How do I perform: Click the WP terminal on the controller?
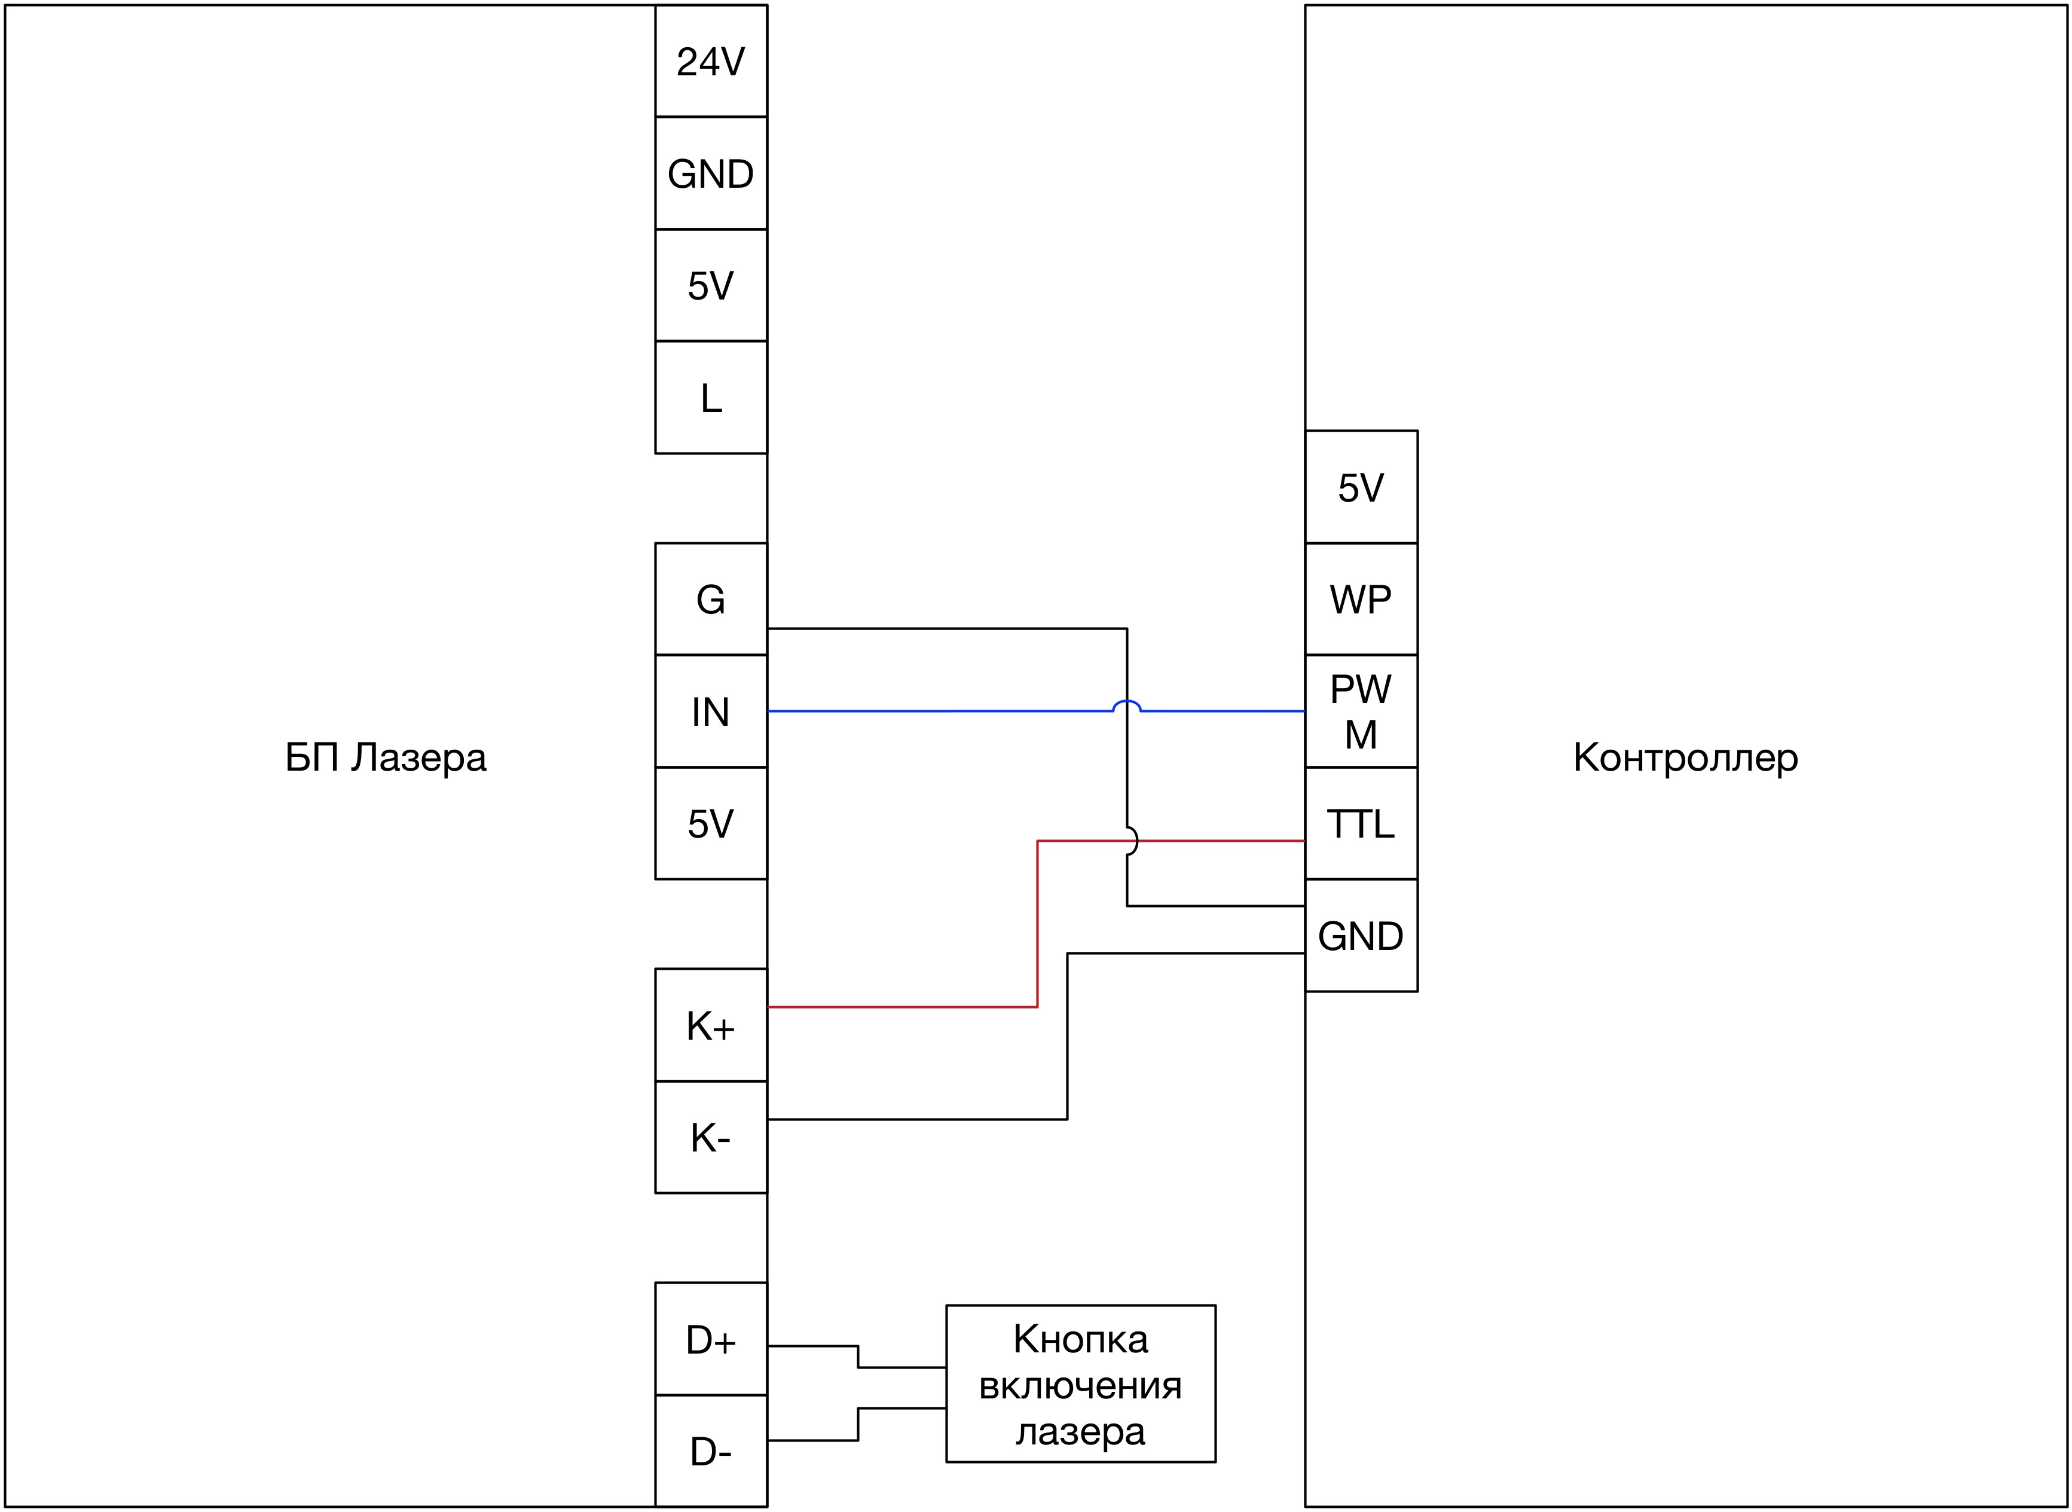coord(1361,600)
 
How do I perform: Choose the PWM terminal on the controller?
coord(1361,711)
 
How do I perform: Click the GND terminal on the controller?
coord(1361,936)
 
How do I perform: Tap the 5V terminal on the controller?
coord(1361,487)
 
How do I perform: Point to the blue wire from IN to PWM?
coord(934,711)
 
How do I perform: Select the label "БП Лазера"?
coord(386,758)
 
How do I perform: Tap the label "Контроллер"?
coord(1685,758)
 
